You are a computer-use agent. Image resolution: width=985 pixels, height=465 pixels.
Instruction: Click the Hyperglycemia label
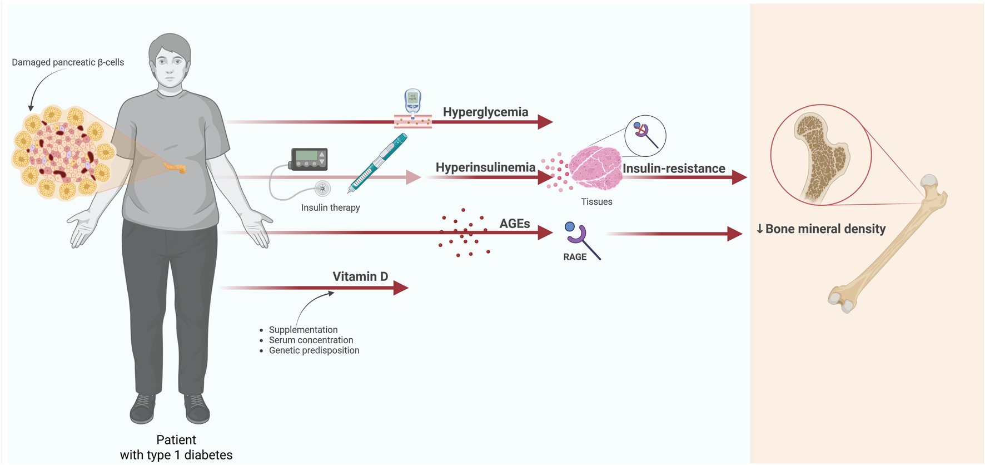pos(485,112)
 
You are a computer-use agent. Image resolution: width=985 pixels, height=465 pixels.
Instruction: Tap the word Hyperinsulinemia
pos(485,167)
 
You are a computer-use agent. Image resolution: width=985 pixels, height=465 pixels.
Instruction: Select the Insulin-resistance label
pos(674,169)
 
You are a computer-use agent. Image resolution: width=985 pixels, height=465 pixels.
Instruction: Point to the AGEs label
pos(514,224)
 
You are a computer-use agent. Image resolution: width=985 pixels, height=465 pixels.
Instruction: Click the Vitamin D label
pos(360,276)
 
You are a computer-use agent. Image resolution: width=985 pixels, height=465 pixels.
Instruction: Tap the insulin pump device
pos(309,159)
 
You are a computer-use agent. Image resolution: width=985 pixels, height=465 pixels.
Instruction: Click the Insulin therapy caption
pos(330,207)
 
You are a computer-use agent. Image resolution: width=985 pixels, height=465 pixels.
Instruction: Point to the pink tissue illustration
pos(595,168)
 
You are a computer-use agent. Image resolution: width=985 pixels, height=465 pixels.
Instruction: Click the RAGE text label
pos(575,257)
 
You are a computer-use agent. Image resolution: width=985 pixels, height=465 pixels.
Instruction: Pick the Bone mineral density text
pos(825,229)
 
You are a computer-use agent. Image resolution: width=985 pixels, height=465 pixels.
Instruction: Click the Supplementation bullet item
pos(303,330)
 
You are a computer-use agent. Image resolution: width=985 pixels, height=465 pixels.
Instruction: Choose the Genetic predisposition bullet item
pos(314,350)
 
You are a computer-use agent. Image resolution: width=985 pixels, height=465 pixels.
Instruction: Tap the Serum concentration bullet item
pos(311,340)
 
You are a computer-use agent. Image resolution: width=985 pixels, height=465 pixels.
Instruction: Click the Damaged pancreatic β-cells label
pos(68,62)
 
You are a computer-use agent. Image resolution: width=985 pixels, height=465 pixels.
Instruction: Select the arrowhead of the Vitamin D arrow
pos(401,288)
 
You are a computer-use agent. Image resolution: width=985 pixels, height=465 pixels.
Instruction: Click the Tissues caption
pos(596,202)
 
